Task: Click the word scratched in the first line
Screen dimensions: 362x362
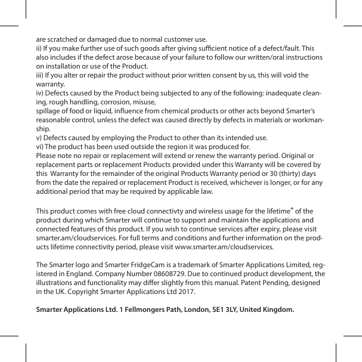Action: coord(63,37)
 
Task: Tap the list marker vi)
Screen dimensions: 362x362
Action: coord(41,147)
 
